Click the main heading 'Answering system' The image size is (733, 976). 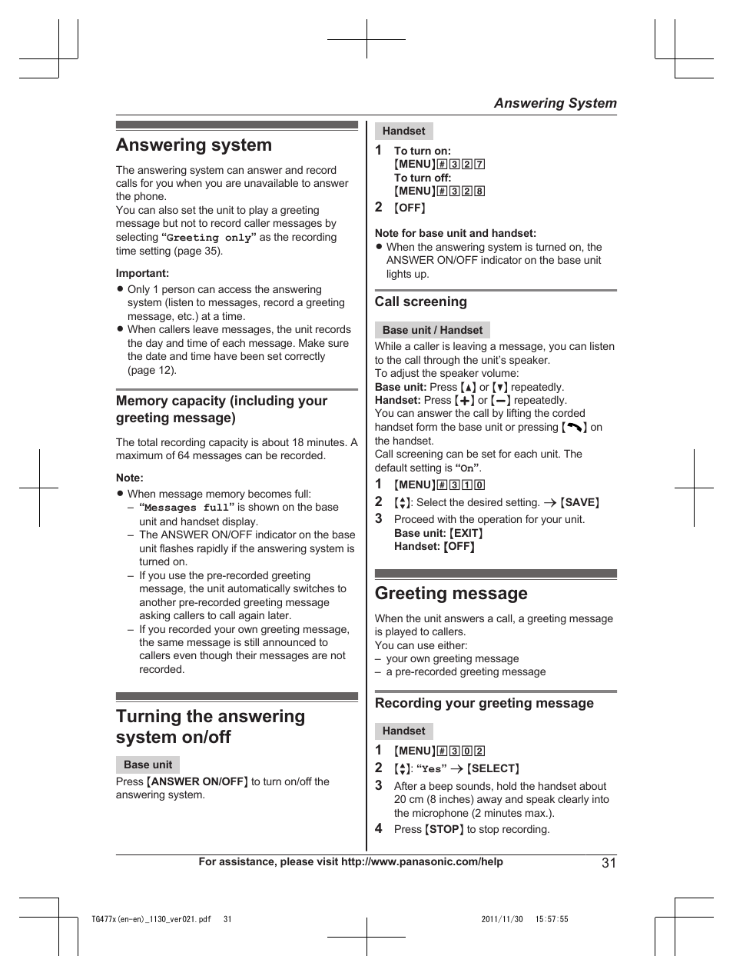[194, 145]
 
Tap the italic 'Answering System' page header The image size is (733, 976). [555, 103]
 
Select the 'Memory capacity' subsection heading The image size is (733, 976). [221, 409]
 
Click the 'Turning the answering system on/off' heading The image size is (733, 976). [211, 727]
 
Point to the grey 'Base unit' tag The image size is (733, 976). [148, 765]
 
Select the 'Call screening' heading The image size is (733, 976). [420, 302]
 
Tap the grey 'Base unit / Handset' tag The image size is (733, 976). [432, 330]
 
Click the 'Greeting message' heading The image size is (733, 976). [451, 594]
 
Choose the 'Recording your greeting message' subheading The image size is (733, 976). [484, 704]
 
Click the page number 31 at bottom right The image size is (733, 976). [609, 863]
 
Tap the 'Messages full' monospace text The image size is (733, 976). [187, 508]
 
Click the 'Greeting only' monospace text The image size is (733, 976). [209, 238]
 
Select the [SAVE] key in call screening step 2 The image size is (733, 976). [580, 503]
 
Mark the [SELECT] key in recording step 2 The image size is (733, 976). [493, 769]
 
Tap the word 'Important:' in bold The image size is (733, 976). [142, 274]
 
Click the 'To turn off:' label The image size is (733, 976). [423, 178]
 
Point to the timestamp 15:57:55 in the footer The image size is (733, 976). [552, 920]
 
